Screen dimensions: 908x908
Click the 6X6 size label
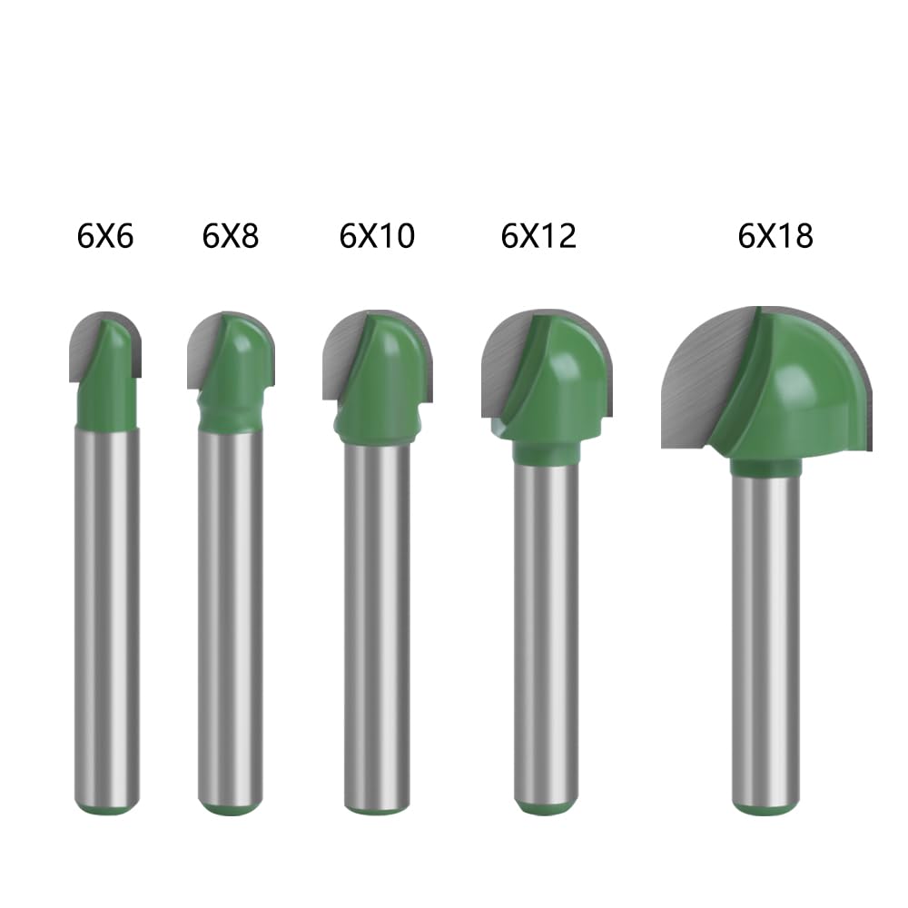click(x=104, y=236)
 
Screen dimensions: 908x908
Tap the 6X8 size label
click(x=230, y=236)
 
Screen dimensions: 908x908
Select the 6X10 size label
click(x=377, y=236)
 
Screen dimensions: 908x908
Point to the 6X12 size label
click(x=538, y=236)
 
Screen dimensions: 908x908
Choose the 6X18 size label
click(x=775, y=236)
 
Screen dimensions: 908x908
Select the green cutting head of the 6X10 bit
click(x=382, y=382)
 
